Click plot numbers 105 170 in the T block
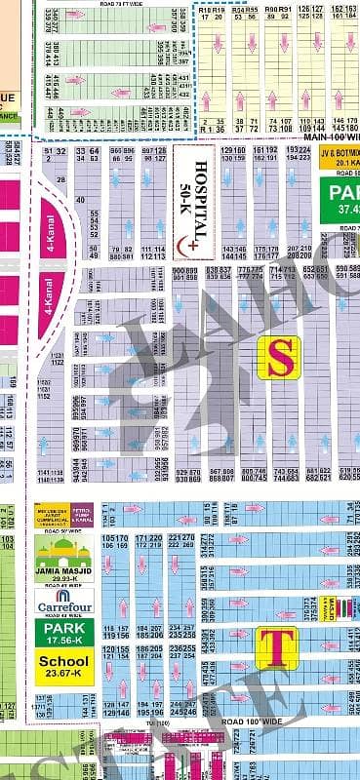click(x=115, y=541)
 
